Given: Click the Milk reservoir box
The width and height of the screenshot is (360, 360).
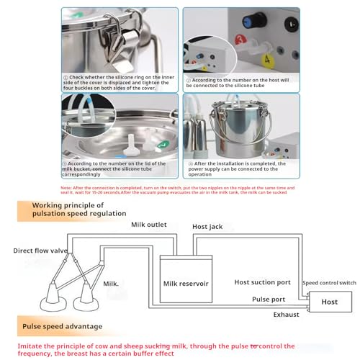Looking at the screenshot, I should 186,283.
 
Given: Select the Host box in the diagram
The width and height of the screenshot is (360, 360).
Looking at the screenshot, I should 329,302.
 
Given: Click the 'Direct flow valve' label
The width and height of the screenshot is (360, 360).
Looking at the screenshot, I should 40,251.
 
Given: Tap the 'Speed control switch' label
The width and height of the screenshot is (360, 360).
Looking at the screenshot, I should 329,284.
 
